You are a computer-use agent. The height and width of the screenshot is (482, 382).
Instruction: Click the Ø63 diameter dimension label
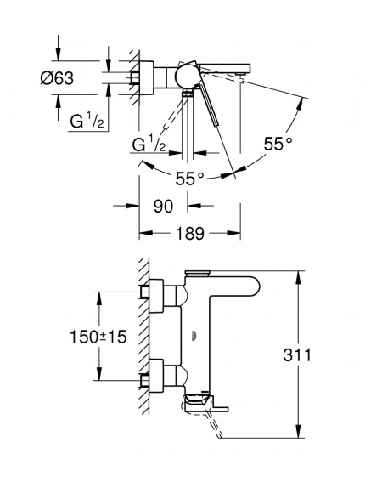click(57, 78)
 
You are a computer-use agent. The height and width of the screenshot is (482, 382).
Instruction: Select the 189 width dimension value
click(190, 233)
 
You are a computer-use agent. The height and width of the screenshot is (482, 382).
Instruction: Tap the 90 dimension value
click(163, 206)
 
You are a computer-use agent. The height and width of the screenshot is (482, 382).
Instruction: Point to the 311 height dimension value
click(297, 355)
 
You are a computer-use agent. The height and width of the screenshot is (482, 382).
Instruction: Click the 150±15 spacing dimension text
click(98, 337)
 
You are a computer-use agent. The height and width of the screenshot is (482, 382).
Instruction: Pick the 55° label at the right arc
click(278, 144)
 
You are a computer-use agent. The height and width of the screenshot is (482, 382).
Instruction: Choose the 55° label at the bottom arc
click(190, 179)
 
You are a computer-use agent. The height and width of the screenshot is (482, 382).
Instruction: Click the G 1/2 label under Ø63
click(87, 121)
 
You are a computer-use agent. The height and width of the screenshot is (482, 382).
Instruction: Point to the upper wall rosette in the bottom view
click(156, 296)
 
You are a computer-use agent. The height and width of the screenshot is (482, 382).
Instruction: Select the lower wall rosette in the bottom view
click(156, 376)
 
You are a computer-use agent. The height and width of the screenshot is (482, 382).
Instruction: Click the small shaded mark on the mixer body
click(194, 336)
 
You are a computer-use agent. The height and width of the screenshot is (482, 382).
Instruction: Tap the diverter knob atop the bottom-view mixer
click(197, 273)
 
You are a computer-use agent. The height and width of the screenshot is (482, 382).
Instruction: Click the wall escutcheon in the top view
click(147, 78)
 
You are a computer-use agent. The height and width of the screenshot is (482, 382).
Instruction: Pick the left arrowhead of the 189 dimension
click(146, 233)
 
